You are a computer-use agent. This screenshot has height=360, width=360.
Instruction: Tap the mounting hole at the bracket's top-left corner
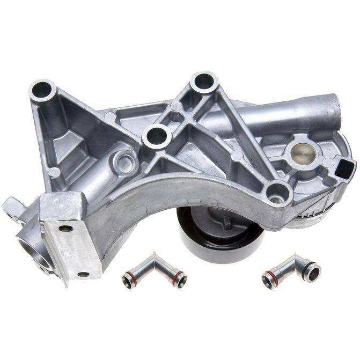42,87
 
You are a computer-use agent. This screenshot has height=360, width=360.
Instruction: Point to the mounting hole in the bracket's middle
157,135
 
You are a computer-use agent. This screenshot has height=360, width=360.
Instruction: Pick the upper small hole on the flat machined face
65,229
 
